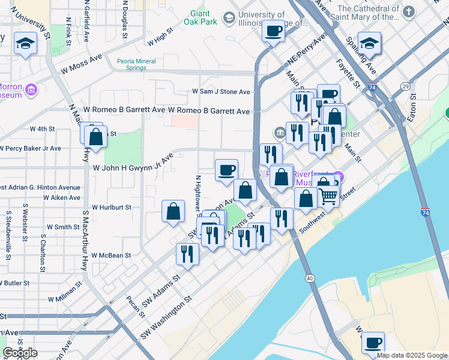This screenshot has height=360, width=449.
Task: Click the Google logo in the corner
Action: [x=20, y=353]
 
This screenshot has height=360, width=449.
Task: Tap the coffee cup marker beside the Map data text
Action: [x=373, y=343]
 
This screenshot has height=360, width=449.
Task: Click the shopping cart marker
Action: [x=327, y=194]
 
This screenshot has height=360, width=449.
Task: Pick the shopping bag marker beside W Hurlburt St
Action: [x=173, y=211]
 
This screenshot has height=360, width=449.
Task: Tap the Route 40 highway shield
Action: [x=310, y=278]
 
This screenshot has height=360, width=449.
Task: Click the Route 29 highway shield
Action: [x=406, y=87]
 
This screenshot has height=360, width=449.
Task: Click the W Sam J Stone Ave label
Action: [x=220, y=92]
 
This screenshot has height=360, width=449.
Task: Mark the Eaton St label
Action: [x=412, y=112]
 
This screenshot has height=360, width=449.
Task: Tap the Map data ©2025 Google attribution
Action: [x=412, y=355]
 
